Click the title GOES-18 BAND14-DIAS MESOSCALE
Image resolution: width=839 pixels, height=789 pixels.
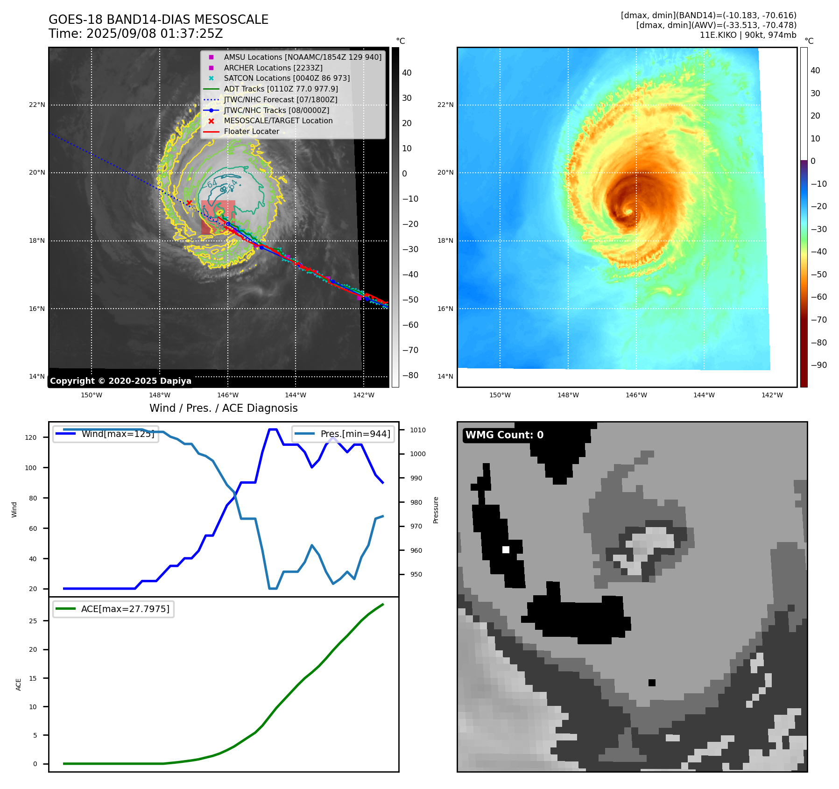tap(158, 20)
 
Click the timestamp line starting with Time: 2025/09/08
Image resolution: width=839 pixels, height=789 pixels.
tap(135, 34)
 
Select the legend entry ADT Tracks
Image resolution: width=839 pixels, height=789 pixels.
tap(281, 89)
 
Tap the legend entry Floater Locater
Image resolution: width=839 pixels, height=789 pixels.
tap(251, 132)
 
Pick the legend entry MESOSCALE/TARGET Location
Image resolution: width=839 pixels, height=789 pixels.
tap(278, 121)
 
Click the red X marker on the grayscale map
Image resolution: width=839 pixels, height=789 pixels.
tap(189, 203)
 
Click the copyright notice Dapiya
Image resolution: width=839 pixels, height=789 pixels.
tap(120, 381)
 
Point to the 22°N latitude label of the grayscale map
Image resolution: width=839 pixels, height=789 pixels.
tap(37, 105)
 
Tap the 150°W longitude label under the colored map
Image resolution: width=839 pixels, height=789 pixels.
tap(500, 395)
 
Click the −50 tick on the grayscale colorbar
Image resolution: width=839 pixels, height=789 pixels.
tap(410, 300)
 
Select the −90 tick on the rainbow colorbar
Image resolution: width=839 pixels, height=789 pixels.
tap(818, 365)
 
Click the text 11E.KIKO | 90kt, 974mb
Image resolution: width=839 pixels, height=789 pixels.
tap(747, 35)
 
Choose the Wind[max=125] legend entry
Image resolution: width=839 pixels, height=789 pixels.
tap(118, 434)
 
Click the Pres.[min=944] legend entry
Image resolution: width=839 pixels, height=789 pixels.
tap(355, 434)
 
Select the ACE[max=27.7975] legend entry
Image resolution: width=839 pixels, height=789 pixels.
tap(125, 609)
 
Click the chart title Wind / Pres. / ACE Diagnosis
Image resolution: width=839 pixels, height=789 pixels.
tap(223, 408)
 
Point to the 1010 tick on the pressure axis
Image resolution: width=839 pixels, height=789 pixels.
tap(418, 430)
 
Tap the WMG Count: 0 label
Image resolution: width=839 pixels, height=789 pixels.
tap(504, 435)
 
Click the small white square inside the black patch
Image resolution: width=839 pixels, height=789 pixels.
tap(506, 549)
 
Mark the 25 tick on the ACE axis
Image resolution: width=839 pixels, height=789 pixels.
tap(33, 621)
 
